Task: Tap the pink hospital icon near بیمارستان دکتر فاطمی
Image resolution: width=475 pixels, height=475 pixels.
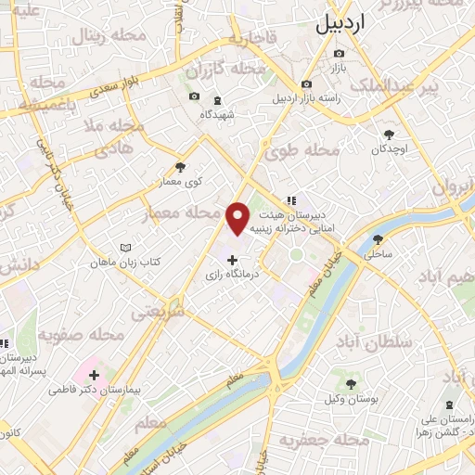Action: (x=93, y=375)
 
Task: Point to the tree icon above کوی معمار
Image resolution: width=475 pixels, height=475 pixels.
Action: (x=180, y=168)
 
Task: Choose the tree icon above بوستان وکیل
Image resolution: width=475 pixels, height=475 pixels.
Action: (x=351, y=384)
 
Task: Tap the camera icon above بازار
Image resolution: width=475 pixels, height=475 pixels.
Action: (x=338, y=54)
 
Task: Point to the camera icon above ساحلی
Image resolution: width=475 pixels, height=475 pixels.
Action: (x=378, y=237)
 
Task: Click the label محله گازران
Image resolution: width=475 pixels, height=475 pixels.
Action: (x=212, y=70)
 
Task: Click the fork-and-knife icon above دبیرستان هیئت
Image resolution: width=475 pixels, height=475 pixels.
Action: (x=291, y=199)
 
